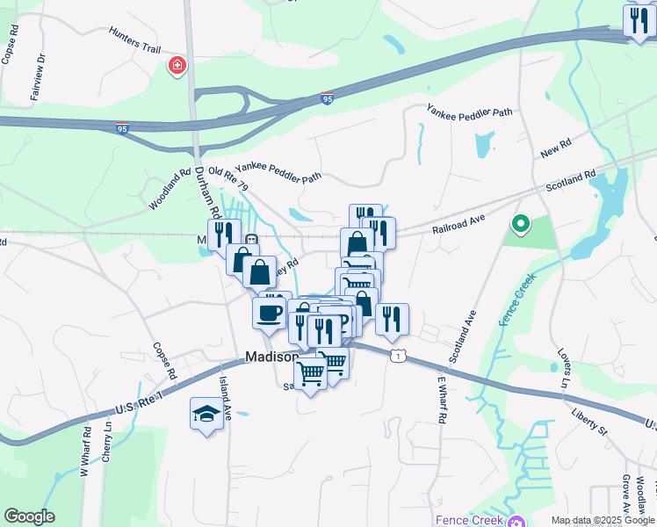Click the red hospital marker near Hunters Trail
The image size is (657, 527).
(x=177, y=66)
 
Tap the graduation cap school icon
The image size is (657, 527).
(x=206, y=414)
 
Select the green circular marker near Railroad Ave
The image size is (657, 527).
(x=520, y=225)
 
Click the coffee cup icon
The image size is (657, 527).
(x=269, y=313)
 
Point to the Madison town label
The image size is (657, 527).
(x=272, y=357)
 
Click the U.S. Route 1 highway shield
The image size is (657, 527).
(x=400, y=356)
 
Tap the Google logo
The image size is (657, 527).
(x=29, y=516)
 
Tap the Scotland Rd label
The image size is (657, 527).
(x=571, y=179)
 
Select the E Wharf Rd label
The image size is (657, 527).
(x=442, y=401)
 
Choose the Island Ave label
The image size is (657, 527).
(x=225, y=398)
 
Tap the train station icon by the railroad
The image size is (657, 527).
(x=251, y=240)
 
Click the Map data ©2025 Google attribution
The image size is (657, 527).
(x=603, y=520)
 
